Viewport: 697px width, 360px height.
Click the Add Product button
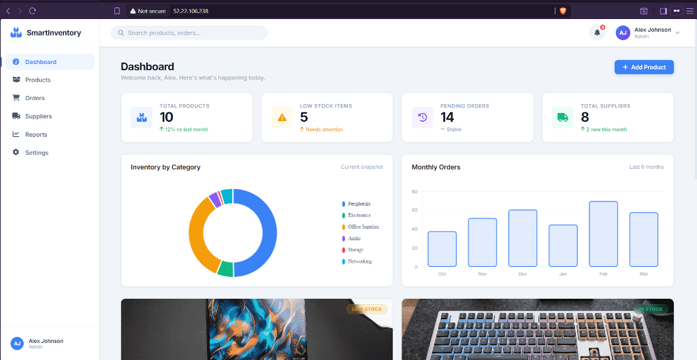(x=644, y=67)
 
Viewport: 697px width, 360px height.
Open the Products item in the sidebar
(x=37, y=80)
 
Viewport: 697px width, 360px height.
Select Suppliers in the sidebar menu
(x=38, y=116)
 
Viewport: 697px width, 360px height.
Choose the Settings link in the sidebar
(x=37, y=152)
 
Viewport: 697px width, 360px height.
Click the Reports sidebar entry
(x=36, y=134)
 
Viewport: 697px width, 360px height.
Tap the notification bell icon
(x=597, y=33)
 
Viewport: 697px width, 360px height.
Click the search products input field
(x=189, y=33)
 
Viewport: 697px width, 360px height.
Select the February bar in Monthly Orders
(x=603, y=234)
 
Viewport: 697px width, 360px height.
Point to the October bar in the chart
(x=442, y=249)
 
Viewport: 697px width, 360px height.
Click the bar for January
(x=563, y=246)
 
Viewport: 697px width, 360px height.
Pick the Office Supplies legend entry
(x=360, y=227)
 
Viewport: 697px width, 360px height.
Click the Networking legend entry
(x=357, y=262)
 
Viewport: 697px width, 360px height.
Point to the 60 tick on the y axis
(x=415, y=210)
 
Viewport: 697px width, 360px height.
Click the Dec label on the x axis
(x=522, y=274)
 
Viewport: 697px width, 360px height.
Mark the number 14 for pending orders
(x=447, y=117)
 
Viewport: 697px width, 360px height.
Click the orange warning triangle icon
(x=282, y=117)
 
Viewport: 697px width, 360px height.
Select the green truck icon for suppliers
(x=562, y=117)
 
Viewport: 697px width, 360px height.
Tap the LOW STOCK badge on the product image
(x=367, y=309)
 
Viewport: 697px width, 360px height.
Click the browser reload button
(x=32, y=11)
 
